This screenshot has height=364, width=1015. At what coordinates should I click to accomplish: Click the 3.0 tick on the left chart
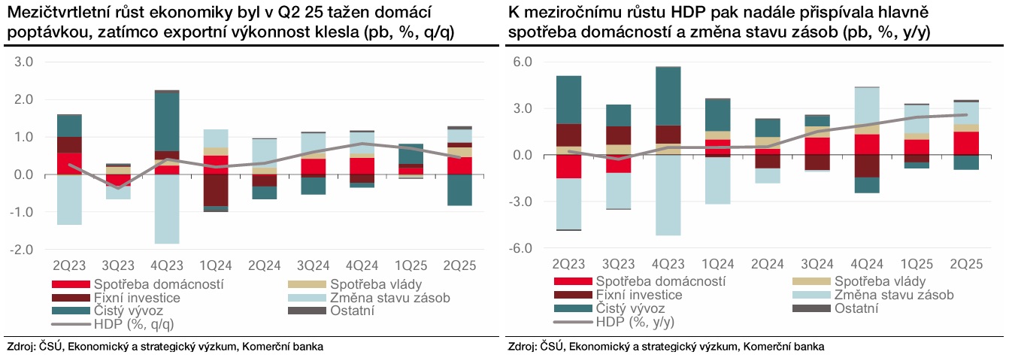(24, 62)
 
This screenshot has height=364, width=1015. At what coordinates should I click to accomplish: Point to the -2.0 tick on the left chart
(23, 250)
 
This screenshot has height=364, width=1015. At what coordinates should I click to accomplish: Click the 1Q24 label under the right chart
(717, 265)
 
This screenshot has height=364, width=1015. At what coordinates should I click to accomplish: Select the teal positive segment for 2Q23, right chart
(568, 99)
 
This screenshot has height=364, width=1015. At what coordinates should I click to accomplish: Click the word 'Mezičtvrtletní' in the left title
(50, 14)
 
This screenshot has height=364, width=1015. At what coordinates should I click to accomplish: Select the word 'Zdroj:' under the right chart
(523, 347)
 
